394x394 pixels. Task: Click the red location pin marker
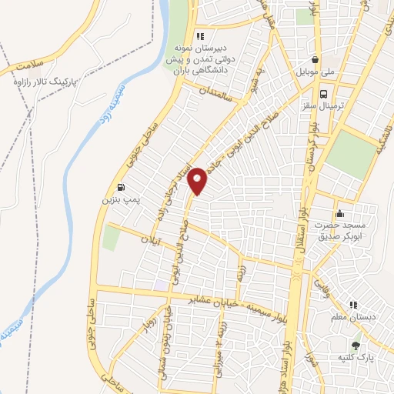point(198,180)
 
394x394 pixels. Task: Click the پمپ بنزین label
point(119,200)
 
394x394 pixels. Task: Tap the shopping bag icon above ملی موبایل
point(316,58)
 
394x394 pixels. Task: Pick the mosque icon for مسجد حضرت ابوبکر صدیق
point(339,213)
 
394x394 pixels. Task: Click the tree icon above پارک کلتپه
point(355,346)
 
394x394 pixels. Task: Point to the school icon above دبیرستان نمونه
point(200,35)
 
